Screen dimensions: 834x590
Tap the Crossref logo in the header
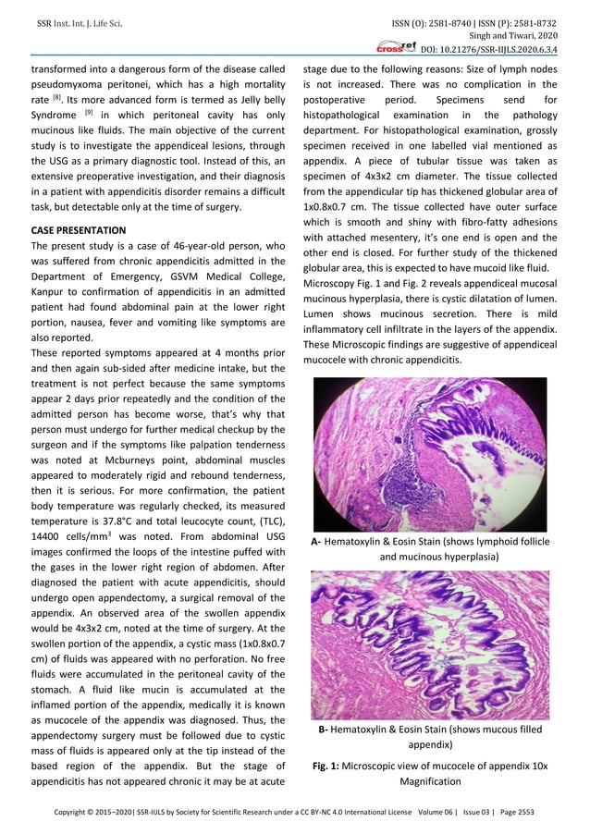[x=394, y=46]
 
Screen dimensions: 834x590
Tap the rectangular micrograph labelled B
[x=430, y=644]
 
